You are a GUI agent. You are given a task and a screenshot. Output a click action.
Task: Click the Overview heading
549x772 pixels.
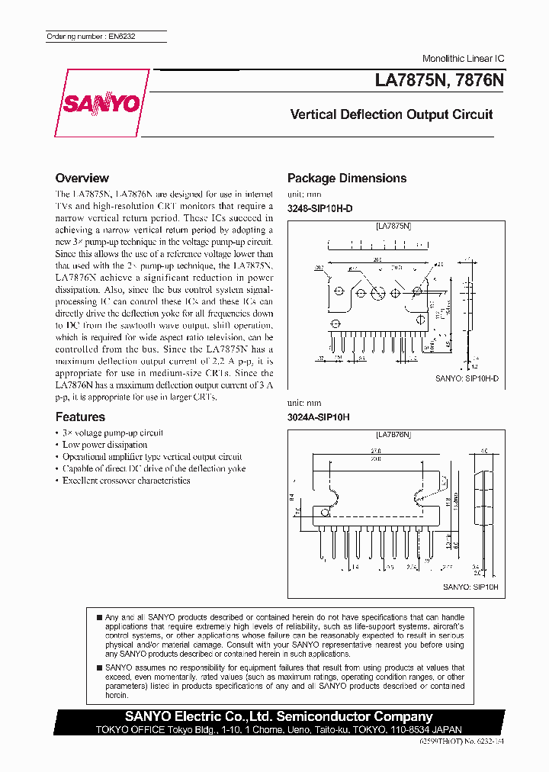coord(82,178)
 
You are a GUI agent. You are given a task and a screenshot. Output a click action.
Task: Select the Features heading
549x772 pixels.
coord(80,417)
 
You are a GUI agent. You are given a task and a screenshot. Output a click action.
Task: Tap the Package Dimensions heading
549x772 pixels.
coord(346,178)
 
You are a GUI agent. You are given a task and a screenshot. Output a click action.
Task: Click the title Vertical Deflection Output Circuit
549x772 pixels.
coord(391,114)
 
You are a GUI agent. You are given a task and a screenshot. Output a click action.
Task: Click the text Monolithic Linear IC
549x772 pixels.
coord(463,59)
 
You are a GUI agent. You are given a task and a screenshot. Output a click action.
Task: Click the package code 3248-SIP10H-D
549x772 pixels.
coord(319,208)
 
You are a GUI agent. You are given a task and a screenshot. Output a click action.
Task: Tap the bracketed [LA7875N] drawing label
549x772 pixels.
coord(393,227)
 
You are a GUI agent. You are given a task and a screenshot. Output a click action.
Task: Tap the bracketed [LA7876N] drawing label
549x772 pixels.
coord(393,434)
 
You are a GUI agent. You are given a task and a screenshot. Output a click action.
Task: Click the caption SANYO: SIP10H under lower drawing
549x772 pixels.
coord(470,587)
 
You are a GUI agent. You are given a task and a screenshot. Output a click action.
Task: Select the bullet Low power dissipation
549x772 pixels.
coord(104,444)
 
